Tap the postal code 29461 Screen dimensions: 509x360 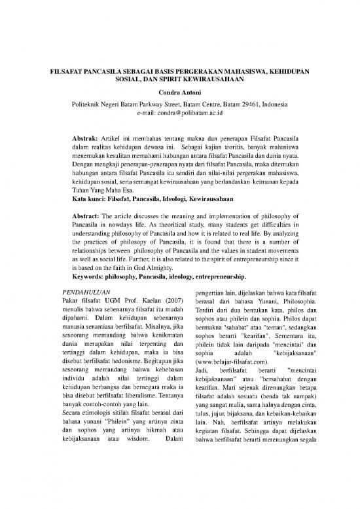click(x=251, y=104)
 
